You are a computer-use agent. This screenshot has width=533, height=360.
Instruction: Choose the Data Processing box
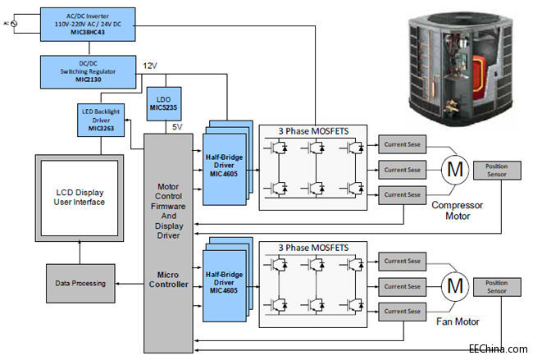tap(80, 283)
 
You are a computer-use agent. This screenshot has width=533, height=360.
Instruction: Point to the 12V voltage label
tap(151, 66)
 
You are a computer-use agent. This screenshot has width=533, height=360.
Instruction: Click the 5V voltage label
tap(178, 127)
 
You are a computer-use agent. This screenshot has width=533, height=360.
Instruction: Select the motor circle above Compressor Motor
tap(453, 170)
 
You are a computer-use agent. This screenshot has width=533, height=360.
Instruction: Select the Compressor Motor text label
tap(458, 212)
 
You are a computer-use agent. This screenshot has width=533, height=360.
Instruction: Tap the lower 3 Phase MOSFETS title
tap(312, 247)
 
